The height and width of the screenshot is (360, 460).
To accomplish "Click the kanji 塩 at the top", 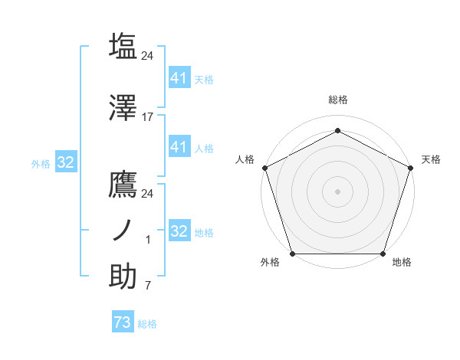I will click(x=123, y=46).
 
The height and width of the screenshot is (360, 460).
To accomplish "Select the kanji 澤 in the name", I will click(x=123, y=109).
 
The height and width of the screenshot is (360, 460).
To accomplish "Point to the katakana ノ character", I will click(x=123, y=230).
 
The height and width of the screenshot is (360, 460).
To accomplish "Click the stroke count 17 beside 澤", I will click(x=147, y=117).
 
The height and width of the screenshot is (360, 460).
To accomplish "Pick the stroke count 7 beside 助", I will click(x=147, y=286).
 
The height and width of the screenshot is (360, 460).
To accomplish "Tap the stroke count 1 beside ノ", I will click(x=147, y=240).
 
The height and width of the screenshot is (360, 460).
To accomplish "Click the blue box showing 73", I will click(x=122, y=323).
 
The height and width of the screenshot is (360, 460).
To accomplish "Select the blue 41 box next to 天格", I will click(x=179, y=78).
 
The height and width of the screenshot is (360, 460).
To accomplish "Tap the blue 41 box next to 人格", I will click(x=179, y=147).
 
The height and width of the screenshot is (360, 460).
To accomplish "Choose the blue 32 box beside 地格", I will click(x=179, y=231).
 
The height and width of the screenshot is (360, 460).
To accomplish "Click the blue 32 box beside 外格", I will click(x=65, y=162).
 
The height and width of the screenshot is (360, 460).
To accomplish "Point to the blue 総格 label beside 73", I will click(x=147, y=324).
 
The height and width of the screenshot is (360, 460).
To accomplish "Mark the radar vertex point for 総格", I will click(x=337, y=129).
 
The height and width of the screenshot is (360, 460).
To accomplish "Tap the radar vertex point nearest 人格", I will click(x=264, y=168).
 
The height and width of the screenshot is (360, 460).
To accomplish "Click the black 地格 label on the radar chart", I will click(x=402, y=263).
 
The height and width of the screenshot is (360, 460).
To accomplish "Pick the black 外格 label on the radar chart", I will click(x=270, y=263).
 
